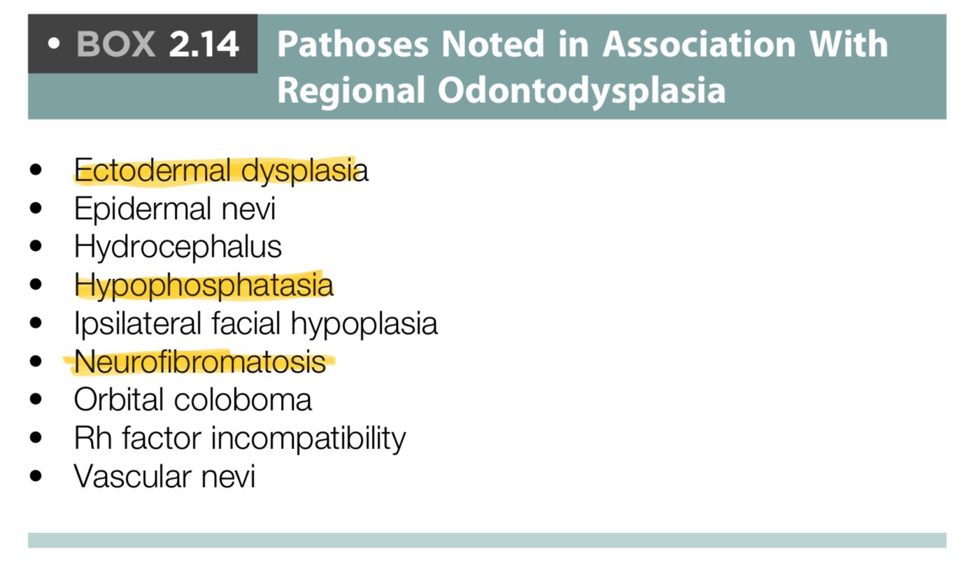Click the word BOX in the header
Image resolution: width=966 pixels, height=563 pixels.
(x=115, y=44)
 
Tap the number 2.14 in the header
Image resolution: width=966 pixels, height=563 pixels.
(x=204, y=44)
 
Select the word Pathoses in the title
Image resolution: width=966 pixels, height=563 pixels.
(x=353, y=44)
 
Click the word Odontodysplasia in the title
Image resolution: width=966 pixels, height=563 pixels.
(x=582, y=90)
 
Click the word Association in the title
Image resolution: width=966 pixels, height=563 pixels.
(x=699, y=44)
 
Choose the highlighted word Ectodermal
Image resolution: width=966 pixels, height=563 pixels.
(x=152, y=170)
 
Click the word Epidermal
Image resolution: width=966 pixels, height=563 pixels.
(x=142, y=208)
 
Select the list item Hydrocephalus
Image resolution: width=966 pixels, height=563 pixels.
(x=178, y=248)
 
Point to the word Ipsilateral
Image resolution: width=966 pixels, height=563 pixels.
(x=138, y=324)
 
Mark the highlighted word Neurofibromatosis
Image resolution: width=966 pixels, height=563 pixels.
(x=199, y=362)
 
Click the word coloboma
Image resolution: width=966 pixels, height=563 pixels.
(x=243, y=400)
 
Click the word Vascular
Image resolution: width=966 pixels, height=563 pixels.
(x=133, y=477)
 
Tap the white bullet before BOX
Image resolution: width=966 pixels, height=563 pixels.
(x=53, y=43)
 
